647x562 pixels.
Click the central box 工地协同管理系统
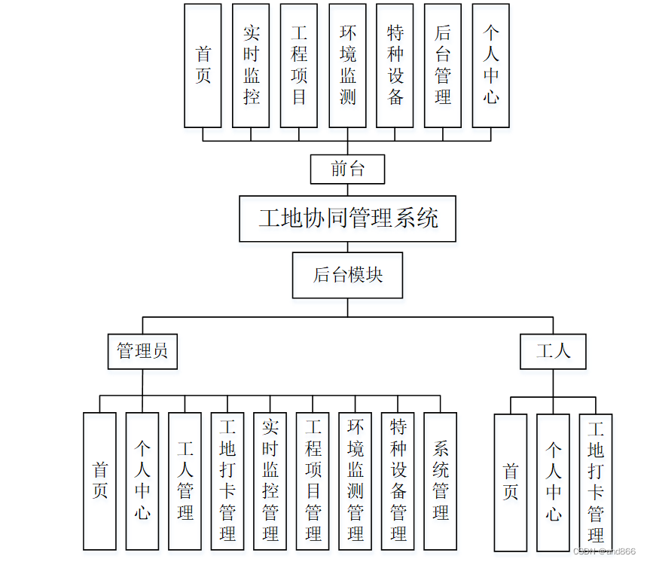coord(348,218)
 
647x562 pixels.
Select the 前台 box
coord(347,169)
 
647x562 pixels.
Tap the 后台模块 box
coord(348,275)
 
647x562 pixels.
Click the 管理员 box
coord(142,351)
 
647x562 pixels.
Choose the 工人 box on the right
coord(553,351)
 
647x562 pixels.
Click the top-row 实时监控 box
coord(251,66)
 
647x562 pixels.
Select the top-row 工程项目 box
coord(299,66)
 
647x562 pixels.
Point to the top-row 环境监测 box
coord(347,66)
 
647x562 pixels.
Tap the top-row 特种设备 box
coord(395,66)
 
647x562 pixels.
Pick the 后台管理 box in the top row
coord(443,66)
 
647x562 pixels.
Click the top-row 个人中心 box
coord(491,66)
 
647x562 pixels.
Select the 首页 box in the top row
coord(203,66)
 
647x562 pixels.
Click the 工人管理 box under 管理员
coord(185,481)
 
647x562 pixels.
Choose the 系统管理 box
coord(441,481)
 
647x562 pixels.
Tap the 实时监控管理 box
coord(270,481)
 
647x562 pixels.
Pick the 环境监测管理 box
coord(356,481)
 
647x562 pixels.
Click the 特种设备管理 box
coord(398,481)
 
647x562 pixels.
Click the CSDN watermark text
coord(604,551)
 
